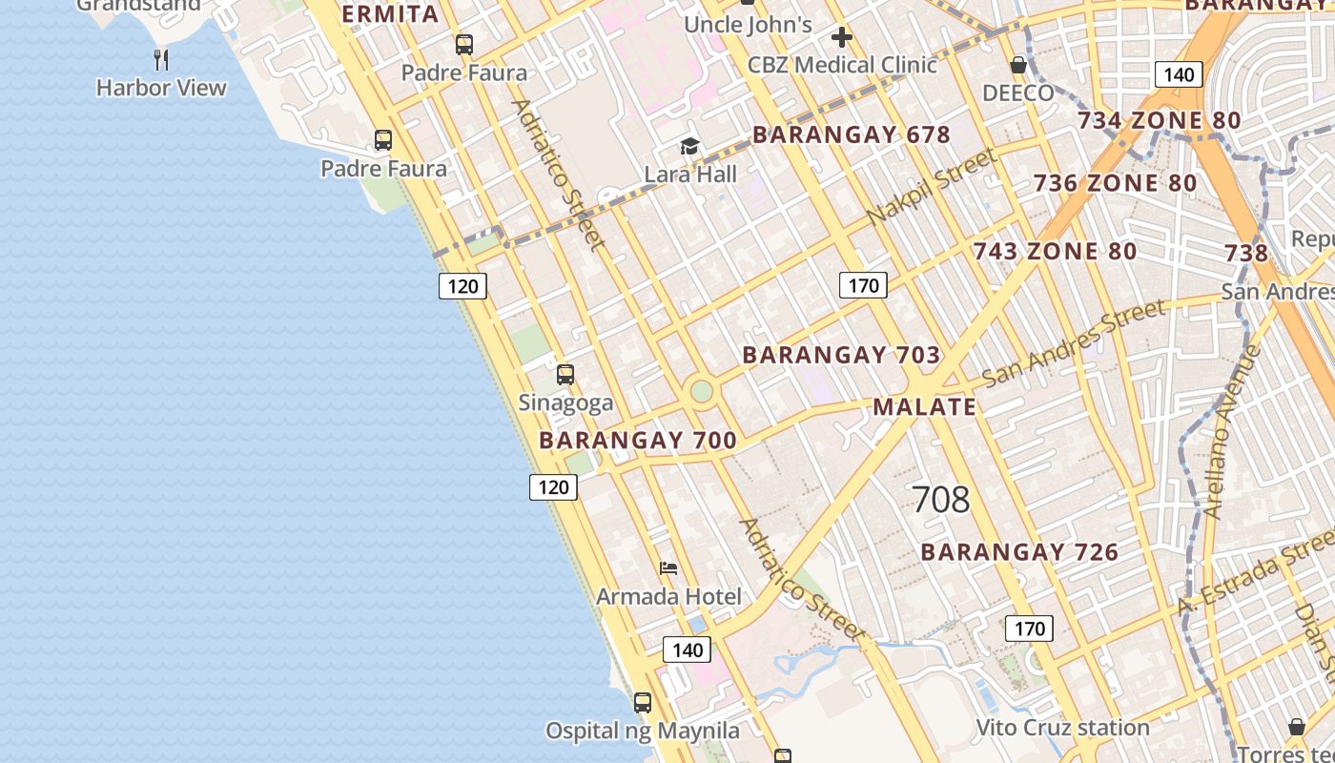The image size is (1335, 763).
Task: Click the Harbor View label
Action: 161,88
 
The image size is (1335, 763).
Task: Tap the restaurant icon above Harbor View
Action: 161,60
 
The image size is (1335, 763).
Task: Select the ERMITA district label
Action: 389,13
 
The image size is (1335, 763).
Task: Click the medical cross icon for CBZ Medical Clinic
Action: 841,37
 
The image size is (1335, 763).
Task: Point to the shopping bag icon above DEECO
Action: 1018,65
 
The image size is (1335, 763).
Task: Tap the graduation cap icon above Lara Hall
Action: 689,146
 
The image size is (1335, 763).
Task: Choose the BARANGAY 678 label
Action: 852,134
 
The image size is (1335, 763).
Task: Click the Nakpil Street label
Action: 932,187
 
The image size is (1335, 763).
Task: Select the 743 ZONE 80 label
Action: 1055,252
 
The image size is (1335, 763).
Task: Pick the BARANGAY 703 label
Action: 841,355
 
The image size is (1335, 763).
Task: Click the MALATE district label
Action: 924,407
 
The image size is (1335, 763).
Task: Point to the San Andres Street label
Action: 1073,341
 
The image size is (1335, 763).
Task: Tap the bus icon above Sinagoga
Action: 565,375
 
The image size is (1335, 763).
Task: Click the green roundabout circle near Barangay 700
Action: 702,391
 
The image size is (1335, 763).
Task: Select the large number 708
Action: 940,499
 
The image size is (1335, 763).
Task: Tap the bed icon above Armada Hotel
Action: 668,568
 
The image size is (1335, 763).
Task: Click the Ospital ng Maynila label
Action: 642,732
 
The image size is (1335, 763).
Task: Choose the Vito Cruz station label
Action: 1062,728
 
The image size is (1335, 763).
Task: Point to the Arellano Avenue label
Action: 1231,431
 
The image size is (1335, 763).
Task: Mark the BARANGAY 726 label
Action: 1019,552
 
